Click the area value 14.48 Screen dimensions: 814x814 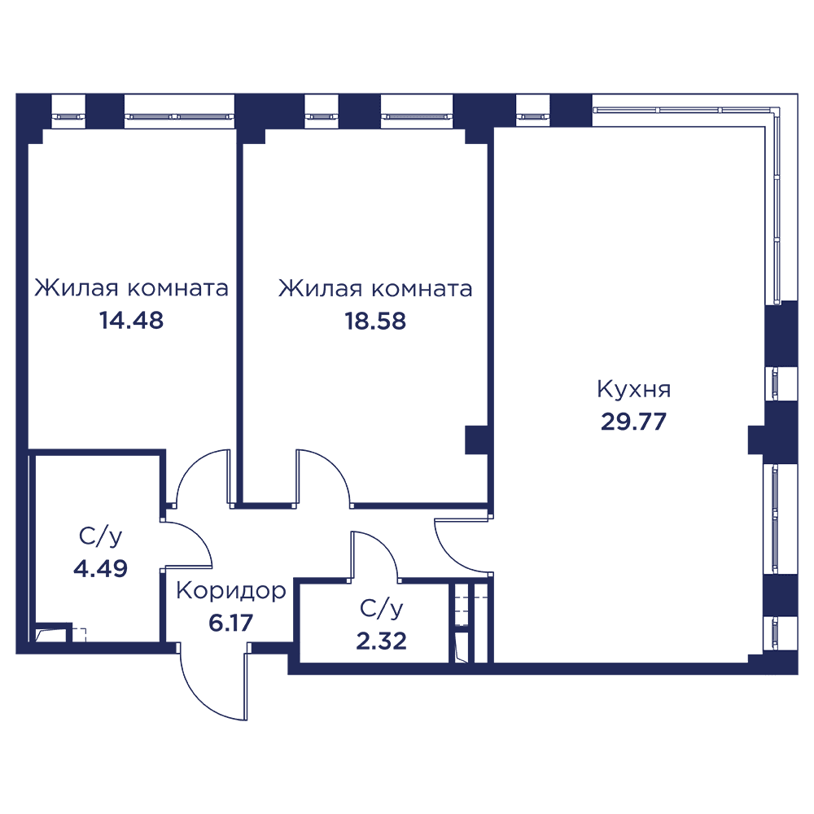[131, 320]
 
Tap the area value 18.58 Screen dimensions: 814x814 [375, 322]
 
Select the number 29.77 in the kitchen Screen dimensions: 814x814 [633, 422]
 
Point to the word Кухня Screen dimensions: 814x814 [634, 389]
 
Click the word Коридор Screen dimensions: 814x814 [231, 591]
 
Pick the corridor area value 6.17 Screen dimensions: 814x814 [230, 623]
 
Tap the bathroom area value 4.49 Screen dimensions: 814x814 [100, 568]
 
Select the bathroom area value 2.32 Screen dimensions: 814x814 [381, 641]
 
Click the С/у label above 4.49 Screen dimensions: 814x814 [101, 536]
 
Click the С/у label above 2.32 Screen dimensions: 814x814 [382, 608]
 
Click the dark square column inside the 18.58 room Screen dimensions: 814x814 [475, 440]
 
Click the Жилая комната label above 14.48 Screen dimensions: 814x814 [131, 288]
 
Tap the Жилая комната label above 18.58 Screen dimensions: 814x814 [375, 289]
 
